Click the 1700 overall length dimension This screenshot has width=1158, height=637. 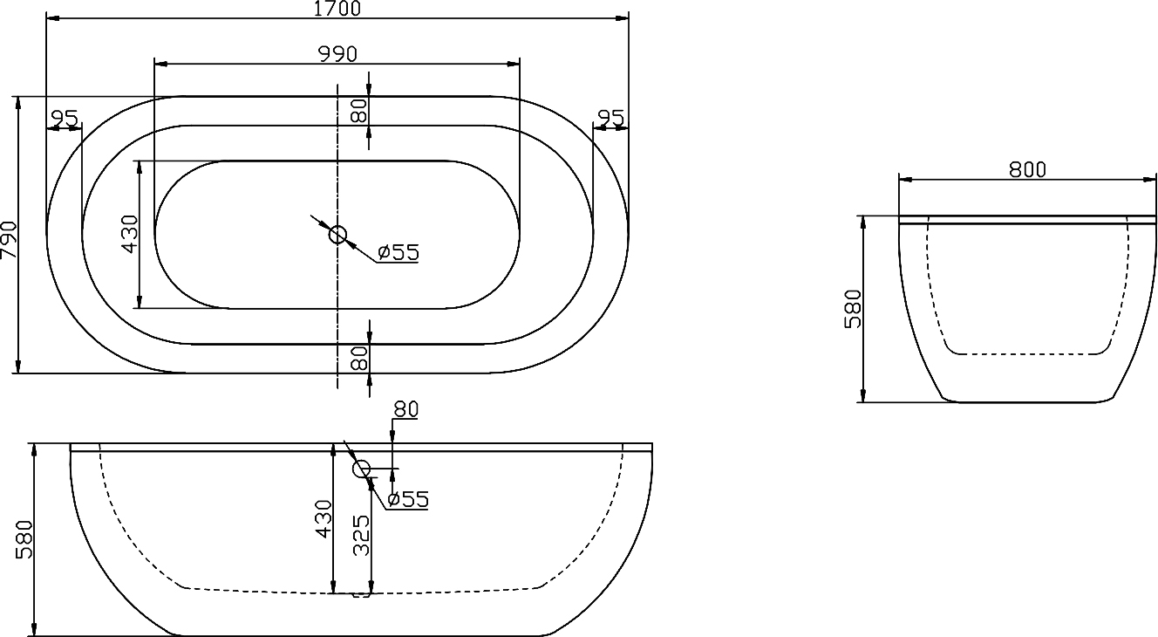click(x=337, y=9)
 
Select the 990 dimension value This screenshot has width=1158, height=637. click(x=337, y=53)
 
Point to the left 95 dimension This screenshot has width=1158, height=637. click(x=64, y=118)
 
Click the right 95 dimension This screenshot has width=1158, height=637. click(x=610, y=118)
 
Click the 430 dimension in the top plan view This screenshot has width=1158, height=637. click(x=129, y=234)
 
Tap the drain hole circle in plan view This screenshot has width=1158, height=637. click(x=337, y=234)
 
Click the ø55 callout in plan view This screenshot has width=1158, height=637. click(x=398, y=253)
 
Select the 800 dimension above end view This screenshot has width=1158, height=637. click(x=1027, y=169)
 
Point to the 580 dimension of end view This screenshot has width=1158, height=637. click(x=854, y=308)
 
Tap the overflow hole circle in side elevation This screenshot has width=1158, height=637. click(x=361, y=469)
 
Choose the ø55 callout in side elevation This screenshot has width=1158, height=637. click(x=407, y=500)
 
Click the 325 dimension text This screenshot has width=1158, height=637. click(x=362, y=535)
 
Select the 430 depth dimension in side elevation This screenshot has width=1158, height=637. click(x=324, y=518)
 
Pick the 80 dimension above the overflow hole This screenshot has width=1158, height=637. click(x=405, y=408)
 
